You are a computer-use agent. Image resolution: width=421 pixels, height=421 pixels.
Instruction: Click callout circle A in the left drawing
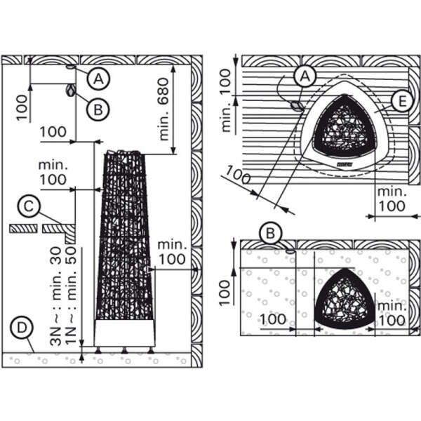pos(98,79)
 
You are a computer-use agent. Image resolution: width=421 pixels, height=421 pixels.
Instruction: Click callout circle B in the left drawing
pos(98,109)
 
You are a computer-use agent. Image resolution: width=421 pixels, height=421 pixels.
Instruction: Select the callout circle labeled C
pos(29,206)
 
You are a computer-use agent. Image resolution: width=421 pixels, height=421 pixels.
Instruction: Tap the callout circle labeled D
pos(22,328)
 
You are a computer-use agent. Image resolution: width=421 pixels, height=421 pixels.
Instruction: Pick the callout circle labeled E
pos(402,102)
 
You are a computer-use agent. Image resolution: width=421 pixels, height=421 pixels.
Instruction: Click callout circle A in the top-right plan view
pos(305,76)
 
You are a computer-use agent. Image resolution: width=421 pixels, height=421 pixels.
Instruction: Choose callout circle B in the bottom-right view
pos(271,233)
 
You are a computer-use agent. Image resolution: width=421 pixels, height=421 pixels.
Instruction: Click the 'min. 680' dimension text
pos(163,109)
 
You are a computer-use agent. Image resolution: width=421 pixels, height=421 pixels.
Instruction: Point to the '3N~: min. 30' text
pos(57,296)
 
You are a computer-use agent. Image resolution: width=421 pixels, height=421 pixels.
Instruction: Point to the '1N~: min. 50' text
pos(71,296)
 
